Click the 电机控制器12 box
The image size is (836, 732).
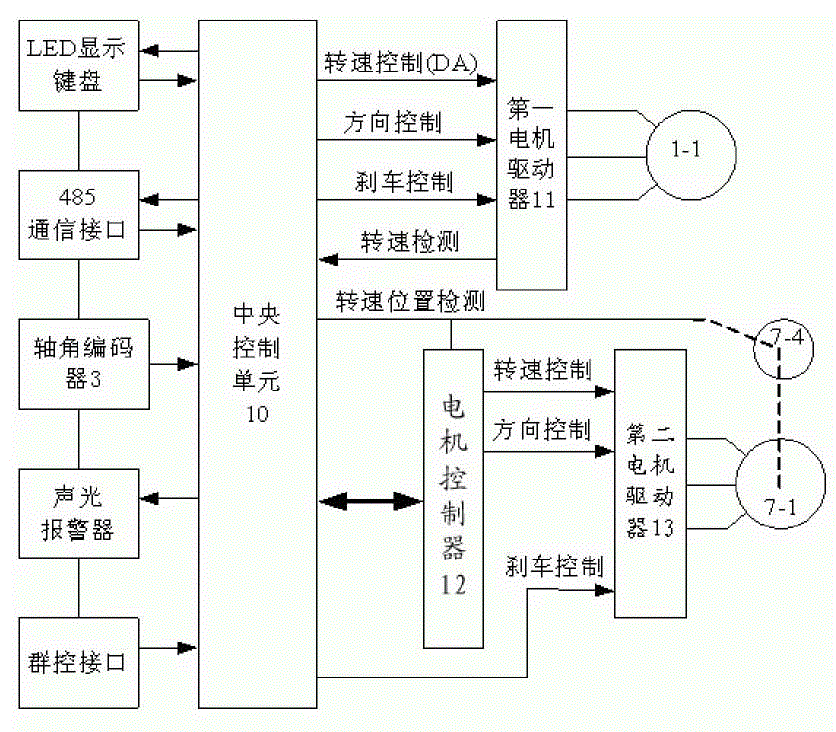(x=453, y=498)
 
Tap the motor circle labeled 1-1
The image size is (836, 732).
(x=688, y=152)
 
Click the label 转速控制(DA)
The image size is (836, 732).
(x=400, y=64)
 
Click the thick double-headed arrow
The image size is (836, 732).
(x=369, y=498)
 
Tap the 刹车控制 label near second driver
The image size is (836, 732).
(x=555, y=567)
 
